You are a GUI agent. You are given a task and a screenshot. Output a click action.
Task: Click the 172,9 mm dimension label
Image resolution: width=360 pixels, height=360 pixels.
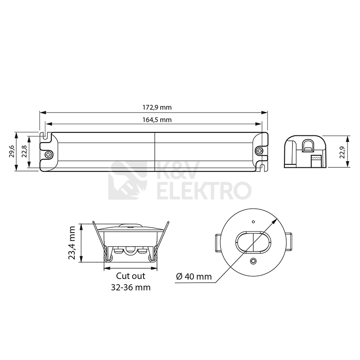(x=157, y=107)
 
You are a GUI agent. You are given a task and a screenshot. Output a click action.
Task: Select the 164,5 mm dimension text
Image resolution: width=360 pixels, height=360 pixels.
(x=157, y=120)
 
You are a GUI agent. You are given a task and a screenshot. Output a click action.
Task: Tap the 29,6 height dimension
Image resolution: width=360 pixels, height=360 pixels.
(x=12, y=151)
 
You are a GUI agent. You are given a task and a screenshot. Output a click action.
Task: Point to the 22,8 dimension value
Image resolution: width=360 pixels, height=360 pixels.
(x=24, y=151)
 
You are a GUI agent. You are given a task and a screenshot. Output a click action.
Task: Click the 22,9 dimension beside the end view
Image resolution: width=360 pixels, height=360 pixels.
(x=342, y=152)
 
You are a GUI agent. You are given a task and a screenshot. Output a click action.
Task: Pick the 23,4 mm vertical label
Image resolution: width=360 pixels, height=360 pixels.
(x=72, y=243)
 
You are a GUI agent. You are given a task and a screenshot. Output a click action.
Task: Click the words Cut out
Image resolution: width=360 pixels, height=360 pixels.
(x=130, y=276)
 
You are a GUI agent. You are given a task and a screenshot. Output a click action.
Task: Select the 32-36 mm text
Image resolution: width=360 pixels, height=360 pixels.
(x=130, y=287)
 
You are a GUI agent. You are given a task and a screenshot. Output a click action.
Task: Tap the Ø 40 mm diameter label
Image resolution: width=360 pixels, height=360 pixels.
(x=194, y=276)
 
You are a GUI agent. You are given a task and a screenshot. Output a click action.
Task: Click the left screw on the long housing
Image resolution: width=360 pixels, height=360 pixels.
(x=49, y=154)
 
